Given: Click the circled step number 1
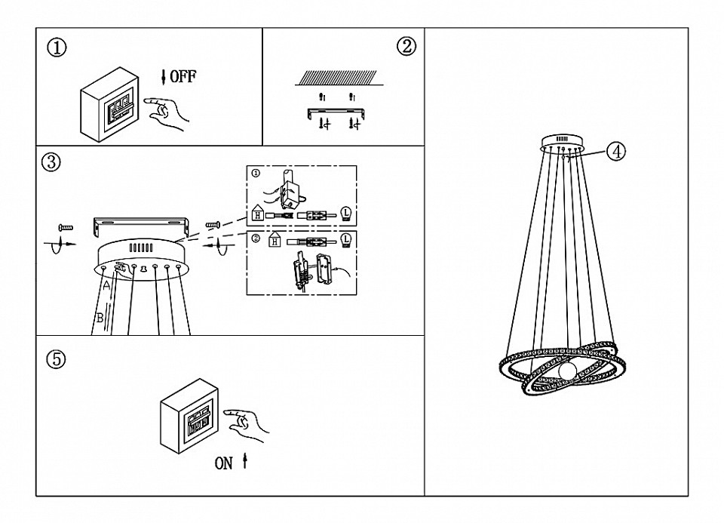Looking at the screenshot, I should tap(57, 48).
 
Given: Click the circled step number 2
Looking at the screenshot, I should tap(405, 47).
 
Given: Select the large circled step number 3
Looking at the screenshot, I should tap(51, 162).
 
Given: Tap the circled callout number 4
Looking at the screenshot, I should tap(616, 151).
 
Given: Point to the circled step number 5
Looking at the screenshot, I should tap(56, 359).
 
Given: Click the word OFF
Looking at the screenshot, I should tap(183, 76).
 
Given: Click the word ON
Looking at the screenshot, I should tap(224, 463).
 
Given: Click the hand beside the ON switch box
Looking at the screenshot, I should tap(249, 424).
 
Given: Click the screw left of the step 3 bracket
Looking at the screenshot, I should tap(66, 227).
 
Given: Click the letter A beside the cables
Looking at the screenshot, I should tap(107, 286).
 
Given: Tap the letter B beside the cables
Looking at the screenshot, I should tap(100, 319).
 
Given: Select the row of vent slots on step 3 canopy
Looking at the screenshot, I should tap(143, 248).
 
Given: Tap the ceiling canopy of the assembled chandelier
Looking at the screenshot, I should tap(563, 141).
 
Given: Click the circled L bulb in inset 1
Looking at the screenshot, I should tap(347, 214).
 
